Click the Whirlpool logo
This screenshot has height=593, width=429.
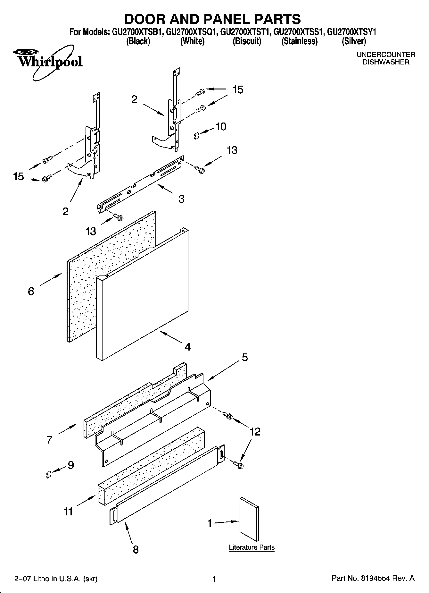click(48, 61)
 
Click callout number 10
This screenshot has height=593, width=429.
click(221, 127)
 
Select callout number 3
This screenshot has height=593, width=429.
click(181, 199)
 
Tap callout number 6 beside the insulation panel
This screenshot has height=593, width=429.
click(31, 291)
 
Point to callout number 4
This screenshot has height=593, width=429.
click(188, 347)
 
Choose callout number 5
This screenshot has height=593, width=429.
click(245, 357)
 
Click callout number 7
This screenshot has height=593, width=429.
click(49, 439)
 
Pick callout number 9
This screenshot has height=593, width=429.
click(70, 465)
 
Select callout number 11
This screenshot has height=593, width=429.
click(68, 511)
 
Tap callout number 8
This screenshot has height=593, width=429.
click(136, 549)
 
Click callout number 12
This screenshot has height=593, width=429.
click(255, 432)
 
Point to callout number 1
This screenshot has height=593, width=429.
click(210, 523)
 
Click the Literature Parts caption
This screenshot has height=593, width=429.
click(252, 547)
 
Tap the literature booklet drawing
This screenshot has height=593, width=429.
click(249, 519)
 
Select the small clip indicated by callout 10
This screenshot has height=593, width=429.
click(197, 136)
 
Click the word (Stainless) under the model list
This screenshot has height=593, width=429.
click(299, 41)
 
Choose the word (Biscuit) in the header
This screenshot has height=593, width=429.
click(247, 41)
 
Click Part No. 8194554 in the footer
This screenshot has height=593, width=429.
click(373, 579)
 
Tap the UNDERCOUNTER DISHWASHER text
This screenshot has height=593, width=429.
click(386, 58)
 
